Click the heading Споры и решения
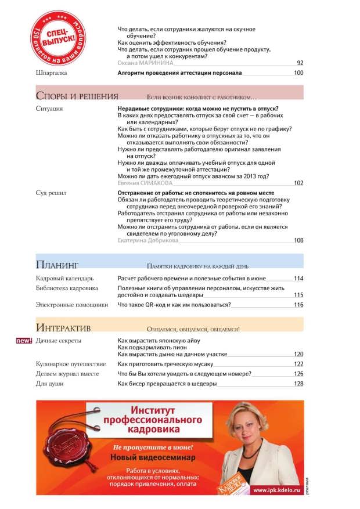[77, 96]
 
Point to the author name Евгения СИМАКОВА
[146, 183]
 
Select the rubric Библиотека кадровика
[67, 288]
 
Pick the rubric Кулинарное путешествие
[70, 364]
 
